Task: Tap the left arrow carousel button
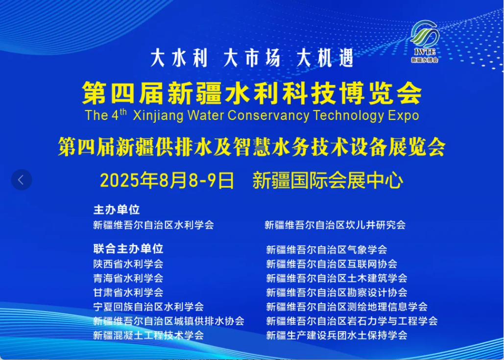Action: (22, 180)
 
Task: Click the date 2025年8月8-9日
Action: (167, 181)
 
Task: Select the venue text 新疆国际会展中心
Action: (328, 181)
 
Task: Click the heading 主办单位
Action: (117, 210)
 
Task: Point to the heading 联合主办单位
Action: (128, 248)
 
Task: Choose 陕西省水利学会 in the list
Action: (128, 264)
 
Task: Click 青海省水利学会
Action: (128, 278)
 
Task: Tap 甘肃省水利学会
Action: (128, 292)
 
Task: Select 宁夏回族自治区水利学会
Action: (148, 307)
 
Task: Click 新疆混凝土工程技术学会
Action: (148, 336)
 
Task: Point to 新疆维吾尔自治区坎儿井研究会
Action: (335, 225)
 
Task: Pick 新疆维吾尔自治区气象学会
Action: (327, 250)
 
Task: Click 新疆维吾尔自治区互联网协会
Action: (332, 264)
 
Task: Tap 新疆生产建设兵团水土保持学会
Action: (336, 336)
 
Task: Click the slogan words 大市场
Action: (252, 59)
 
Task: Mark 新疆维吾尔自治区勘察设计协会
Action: (336, 292)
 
